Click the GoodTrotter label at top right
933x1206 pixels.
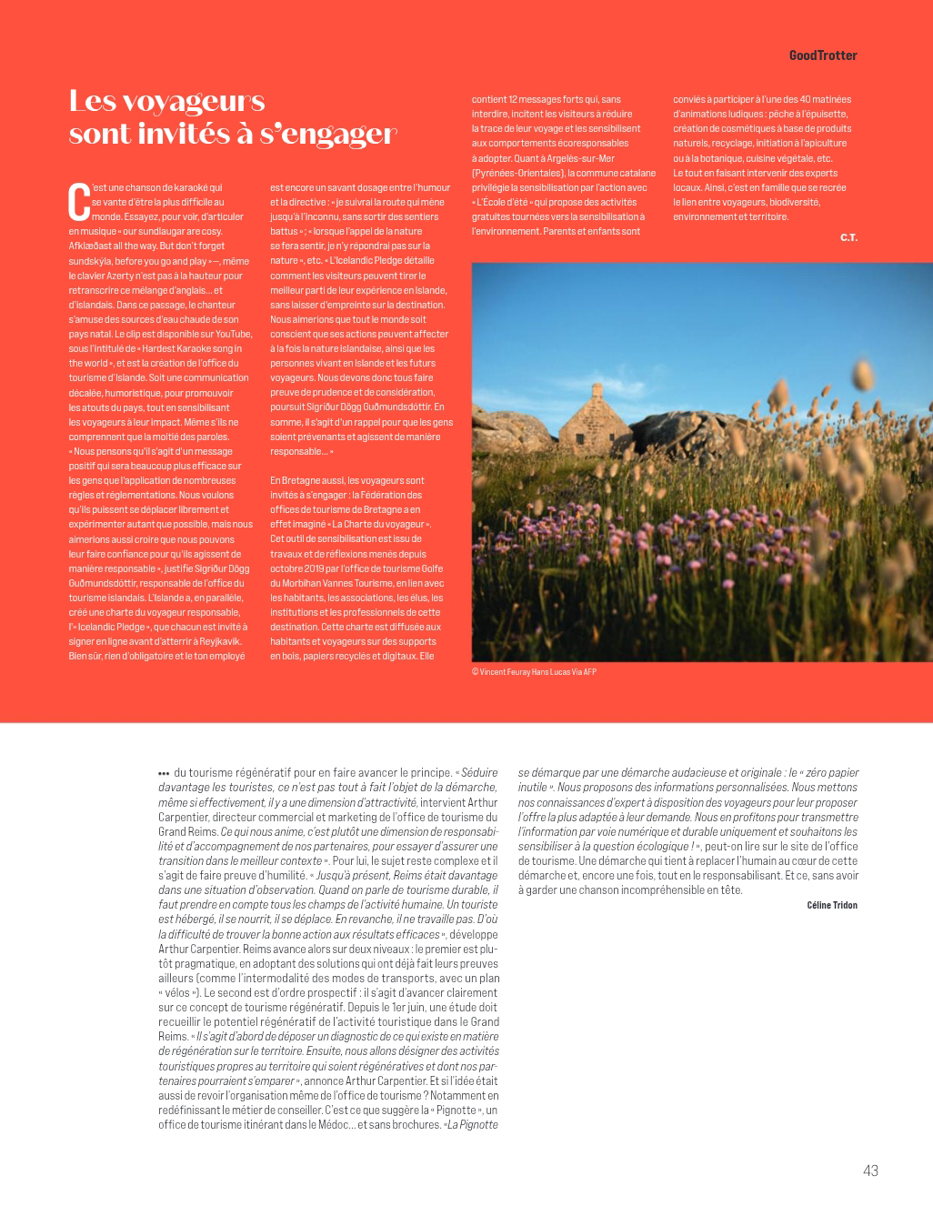[822, 55]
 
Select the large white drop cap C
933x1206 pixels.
[79, 202]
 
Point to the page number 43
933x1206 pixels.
[870, 1171]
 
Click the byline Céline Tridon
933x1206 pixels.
[831, 905]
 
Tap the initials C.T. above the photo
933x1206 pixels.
[848, 237]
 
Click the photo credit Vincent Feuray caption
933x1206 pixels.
[534, 672]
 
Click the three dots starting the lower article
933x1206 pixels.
[164, 774]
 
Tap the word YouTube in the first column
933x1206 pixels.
[234, 334]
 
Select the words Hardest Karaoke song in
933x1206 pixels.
[194, 348]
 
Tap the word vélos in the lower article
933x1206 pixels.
[178, 992]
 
